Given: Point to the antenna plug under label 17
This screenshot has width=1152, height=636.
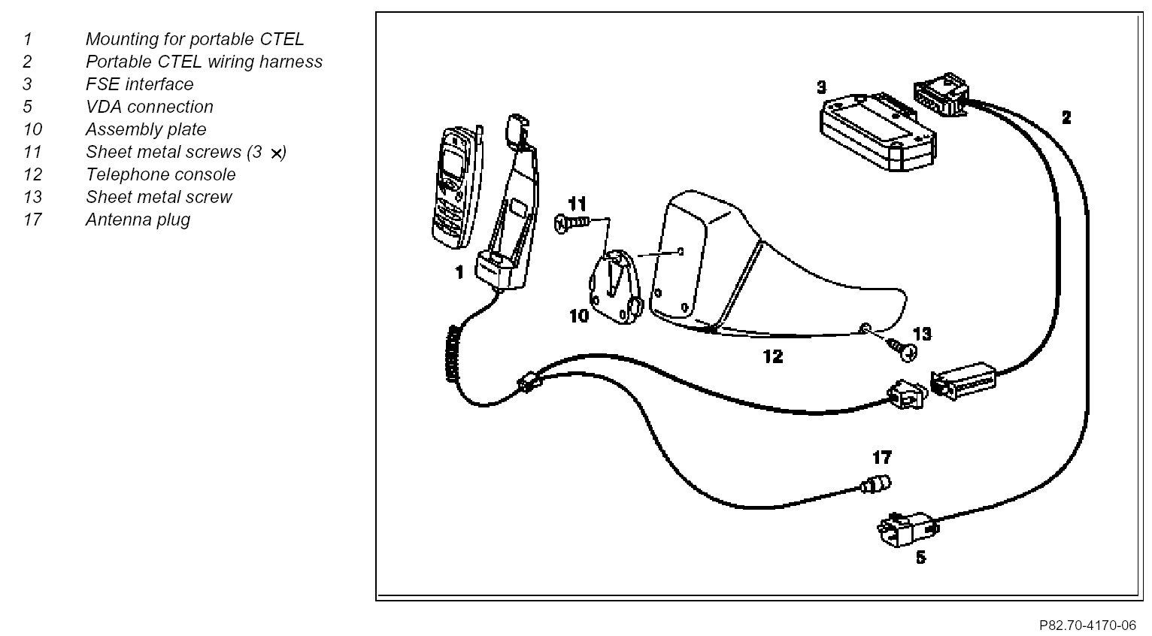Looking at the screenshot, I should tap(877, 485).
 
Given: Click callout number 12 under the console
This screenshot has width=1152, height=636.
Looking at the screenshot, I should tap(772, 356).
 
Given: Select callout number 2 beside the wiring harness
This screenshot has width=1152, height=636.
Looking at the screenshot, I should tap(1066, 118).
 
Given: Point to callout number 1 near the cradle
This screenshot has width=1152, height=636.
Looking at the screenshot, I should tap(459, 273).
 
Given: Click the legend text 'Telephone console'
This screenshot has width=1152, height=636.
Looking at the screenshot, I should tap(160, 174).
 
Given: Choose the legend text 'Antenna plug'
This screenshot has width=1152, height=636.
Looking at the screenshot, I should tap(138, 220).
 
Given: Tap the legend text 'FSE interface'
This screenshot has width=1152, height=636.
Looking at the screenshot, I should tap(139, 84).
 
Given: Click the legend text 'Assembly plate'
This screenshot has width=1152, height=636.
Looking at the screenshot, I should tap(146, 129).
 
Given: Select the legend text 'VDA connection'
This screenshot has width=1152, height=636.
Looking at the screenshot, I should tap(150, 107).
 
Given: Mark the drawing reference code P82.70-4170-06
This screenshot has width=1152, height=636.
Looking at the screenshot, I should tap(1087, 625).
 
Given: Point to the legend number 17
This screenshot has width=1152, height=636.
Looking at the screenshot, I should tap(32, 220).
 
